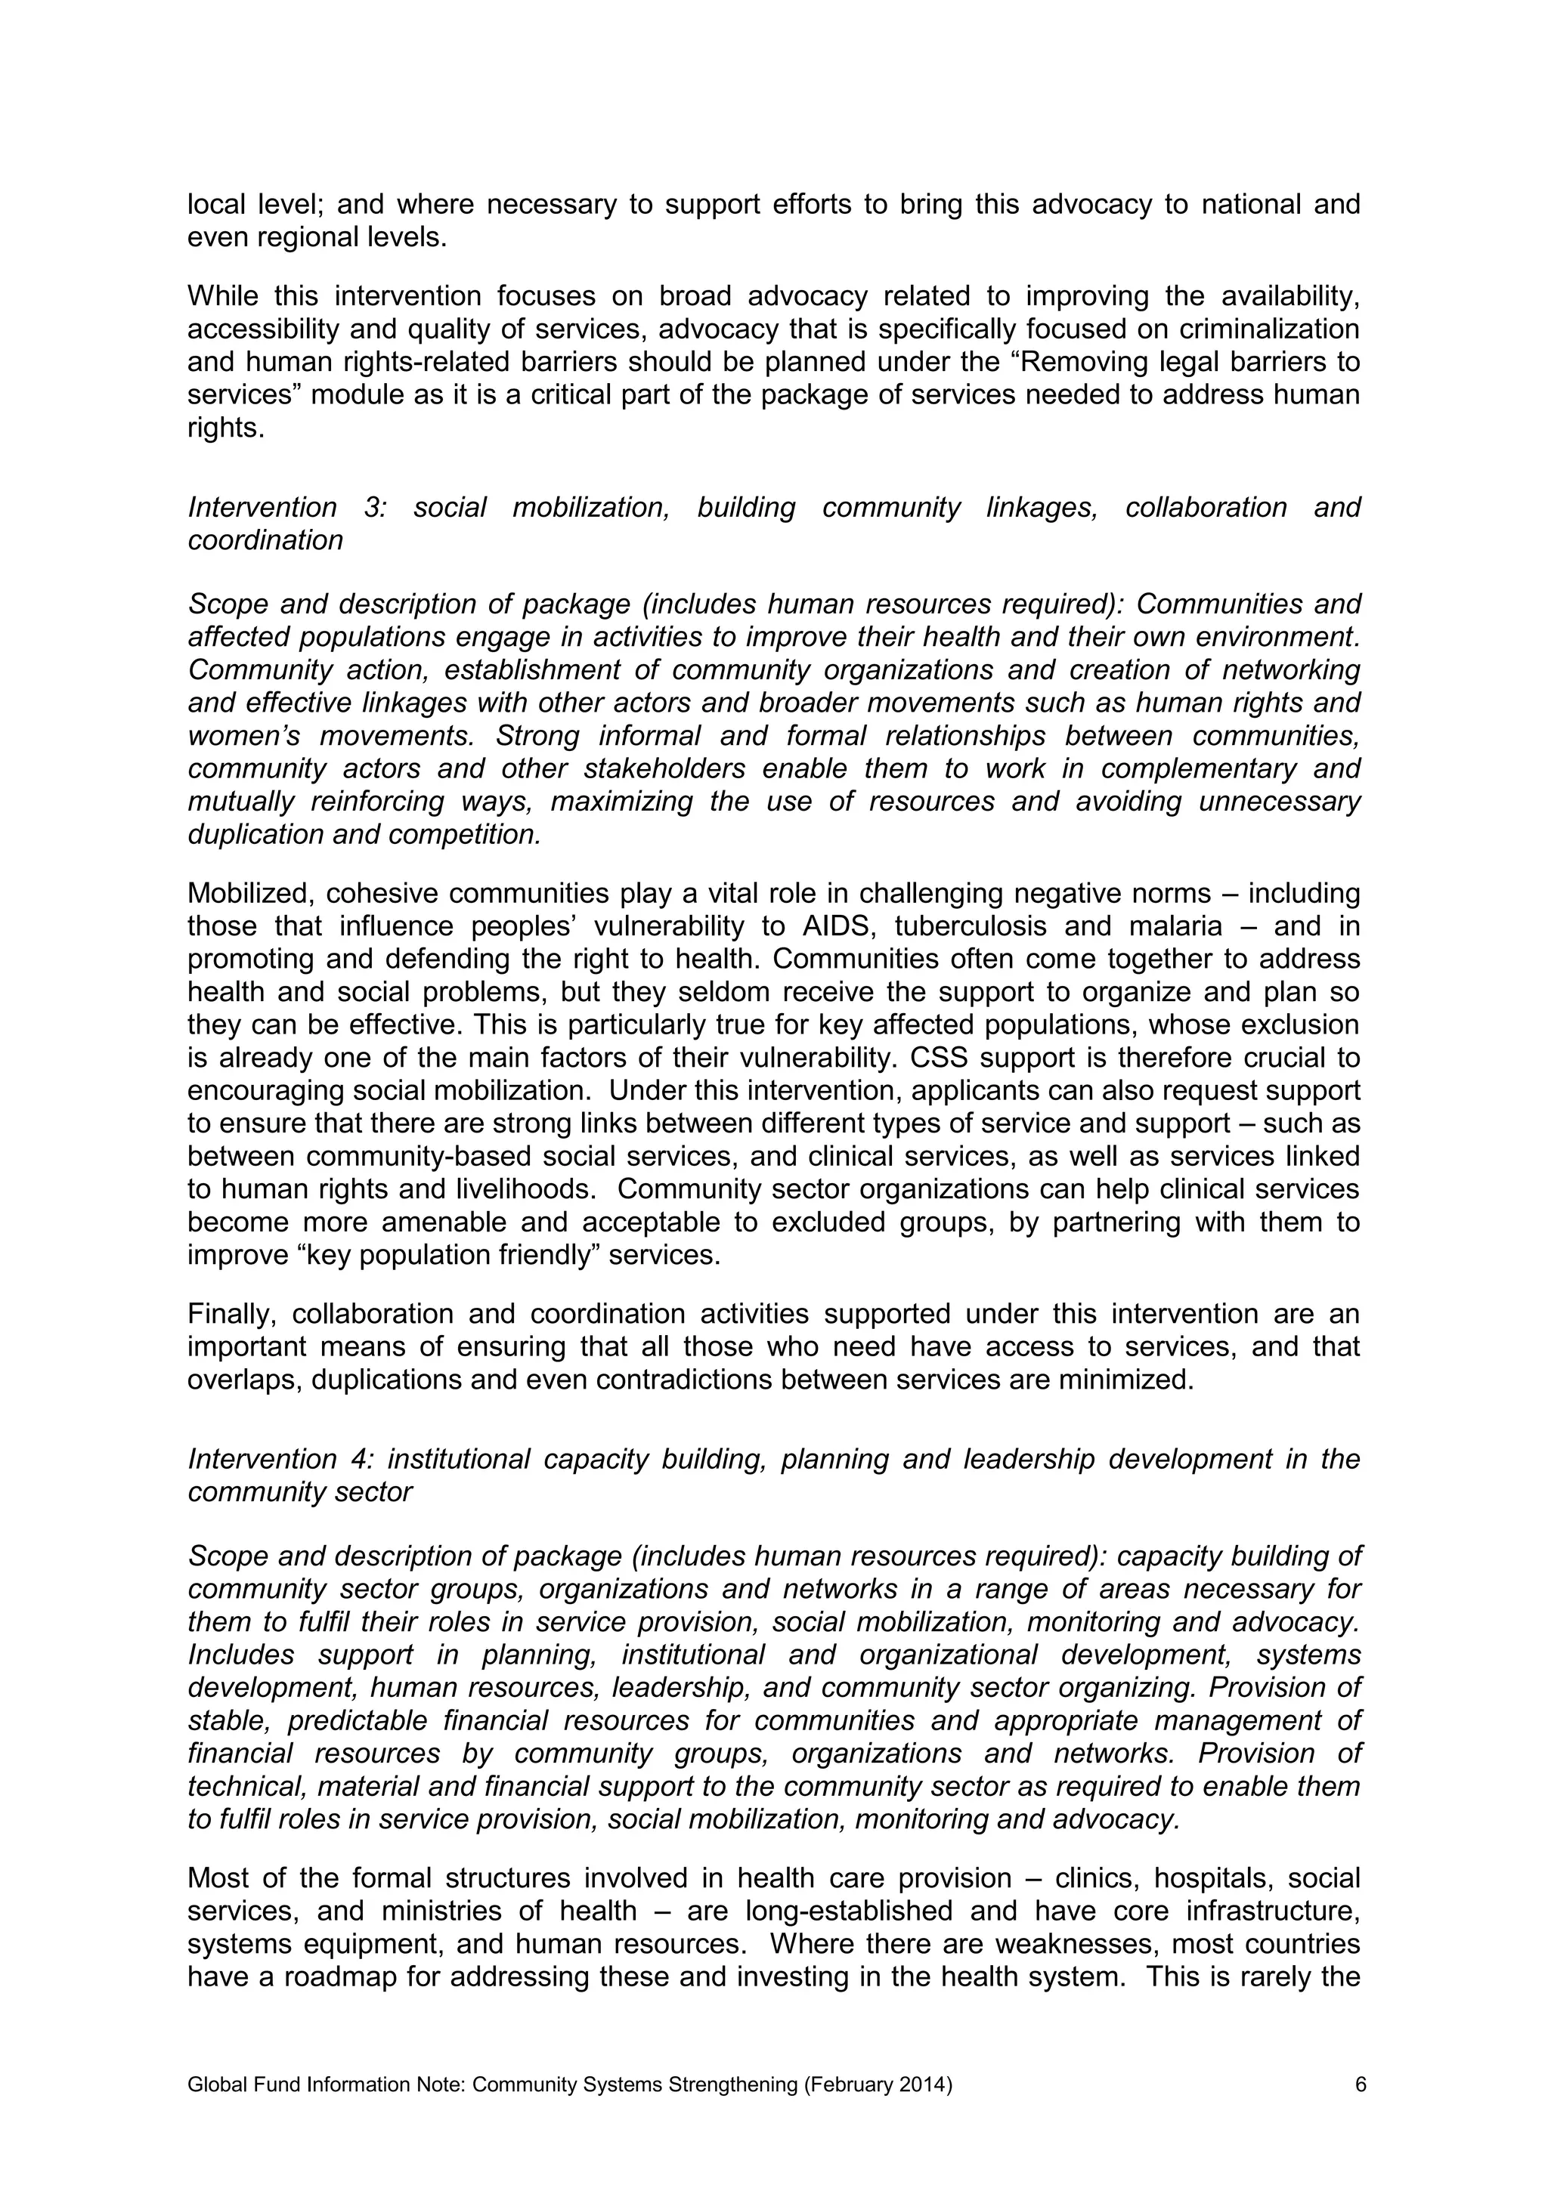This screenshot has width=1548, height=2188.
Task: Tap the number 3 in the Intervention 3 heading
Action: (373, 508)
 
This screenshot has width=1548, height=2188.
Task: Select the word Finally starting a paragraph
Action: (231, 1314)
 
